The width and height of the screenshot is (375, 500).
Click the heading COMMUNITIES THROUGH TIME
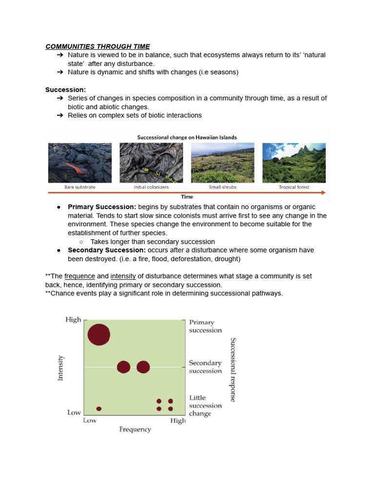click(x=98, y=46)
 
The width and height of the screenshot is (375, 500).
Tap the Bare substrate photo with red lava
click(x=80, y=163)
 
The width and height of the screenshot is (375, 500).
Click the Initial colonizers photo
click(x=151, y=163)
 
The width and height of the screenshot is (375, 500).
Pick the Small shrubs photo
click(x=223, y=163)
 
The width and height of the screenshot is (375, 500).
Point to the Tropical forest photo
click(x=294, y=163)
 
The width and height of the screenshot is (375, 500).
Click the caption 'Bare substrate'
click(x=80, y=187)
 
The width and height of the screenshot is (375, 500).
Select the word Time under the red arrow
click(x=187, y=197)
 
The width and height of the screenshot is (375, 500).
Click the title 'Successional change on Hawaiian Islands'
click(x=187, y=137)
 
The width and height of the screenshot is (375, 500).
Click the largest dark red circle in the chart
click(x=99, y=334)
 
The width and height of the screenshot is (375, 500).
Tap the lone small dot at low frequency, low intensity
click(x=99, y=409)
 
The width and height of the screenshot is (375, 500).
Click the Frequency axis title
click(x=135, y=429)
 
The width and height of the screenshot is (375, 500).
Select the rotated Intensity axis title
click(x=61, y=368)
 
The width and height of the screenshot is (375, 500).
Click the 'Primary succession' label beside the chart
click(x=205, y=326)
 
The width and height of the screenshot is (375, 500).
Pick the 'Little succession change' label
click(x=205, y=406)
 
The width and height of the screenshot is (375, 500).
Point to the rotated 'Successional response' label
click(x=233, y=370)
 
